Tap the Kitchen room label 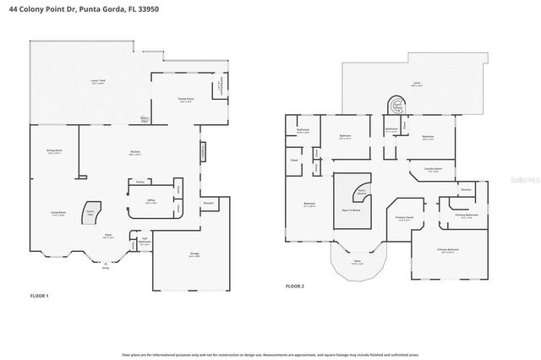click(134, 152)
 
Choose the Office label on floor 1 click(150, 201)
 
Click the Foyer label click(108, 237)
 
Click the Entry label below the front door click(106, 269)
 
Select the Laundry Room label click(433, 170)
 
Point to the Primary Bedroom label click(448, 250)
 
